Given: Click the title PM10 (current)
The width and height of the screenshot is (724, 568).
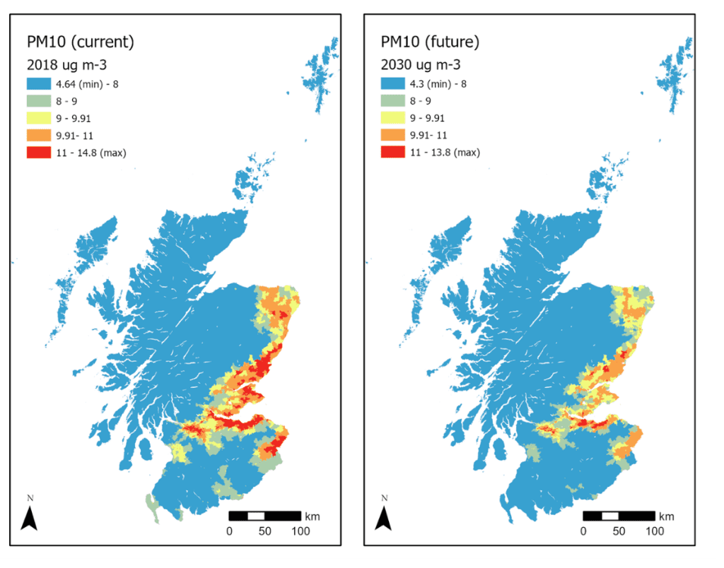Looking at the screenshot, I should tap(79, 42).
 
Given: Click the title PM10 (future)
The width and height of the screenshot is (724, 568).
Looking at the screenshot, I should tap(429, 42).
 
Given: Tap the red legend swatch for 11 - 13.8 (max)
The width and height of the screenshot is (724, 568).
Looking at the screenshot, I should tap(392, 152).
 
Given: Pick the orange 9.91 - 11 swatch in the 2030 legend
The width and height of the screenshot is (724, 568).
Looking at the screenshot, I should tap(392, 135).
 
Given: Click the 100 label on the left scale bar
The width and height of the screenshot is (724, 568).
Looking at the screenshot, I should tap(300, 531).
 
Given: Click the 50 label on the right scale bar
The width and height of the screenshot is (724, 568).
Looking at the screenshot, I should tap(619, 531).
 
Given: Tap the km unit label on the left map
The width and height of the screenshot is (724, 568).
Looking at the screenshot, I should tap(312, 516).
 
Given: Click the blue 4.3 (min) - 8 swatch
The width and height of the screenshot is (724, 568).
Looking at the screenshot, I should tap(392, 84).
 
